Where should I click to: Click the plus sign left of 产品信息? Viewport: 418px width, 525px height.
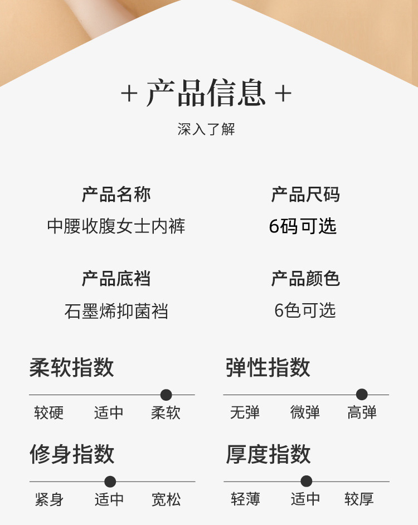[x=129, y=94]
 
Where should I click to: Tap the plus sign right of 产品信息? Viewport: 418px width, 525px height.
[x=283, y=94]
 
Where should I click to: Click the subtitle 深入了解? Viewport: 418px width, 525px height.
[x=206, y=129]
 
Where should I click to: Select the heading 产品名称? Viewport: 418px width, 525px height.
[x=116, y=195]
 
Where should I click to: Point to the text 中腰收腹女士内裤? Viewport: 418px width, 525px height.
[x=116, y=226]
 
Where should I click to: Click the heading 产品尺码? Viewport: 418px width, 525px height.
[x=305, y=195]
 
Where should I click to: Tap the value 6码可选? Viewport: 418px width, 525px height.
[x=303, y=226]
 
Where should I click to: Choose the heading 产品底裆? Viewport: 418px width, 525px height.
[x=116, y=279]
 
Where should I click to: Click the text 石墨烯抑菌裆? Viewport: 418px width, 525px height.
[x=116, y=311]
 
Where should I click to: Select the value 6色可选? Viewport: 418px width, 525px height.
[x=305, y=310]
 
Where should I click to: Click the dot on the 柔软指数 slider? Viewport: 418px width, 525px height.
[x=166, y=395]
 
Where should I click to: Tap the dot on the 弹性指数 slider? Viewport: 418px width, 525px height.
[x=362, y=395]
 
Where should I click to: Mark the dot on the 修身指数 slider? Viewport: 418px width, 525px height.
[x=110, y=482]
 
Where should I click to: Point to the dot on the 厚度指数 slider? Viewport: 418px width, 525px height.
[x=306, y=482]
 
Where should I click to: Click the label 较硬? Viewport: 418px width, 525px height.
[x=49, y=413]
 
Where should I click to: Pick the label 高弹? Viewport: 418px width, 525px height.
[x=362, y=413]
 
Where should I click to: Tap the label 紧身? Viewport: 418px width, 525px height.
[x=49, y=499]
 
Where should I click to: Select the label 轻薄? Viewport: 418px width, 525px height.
[x=245, y=499]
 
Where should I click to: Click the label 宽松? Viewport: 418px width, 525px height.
[x=166, y=499]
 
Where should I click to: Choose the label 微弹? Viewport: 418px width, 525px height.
[x=305, y=413]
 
